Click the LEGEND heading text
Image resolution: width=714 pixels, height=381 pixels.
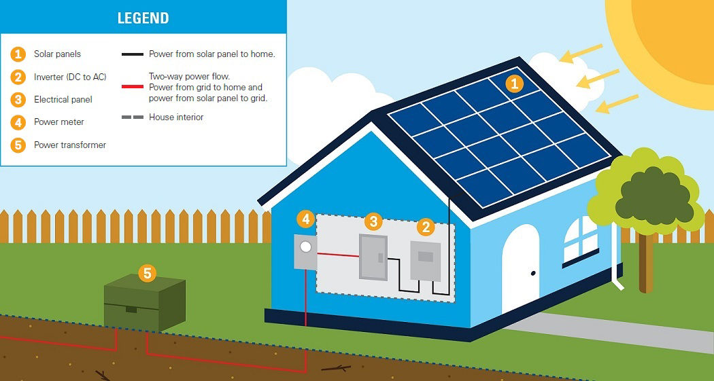143,18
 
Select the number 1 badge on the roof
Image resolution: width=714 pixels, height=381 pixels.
515,84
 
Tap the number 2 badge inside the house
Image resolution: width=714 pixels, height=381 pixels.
426,226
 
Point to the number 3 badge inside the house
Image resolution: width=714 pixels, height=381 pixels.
373,221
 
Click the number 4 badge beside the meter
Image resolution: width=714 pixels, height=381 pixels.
305,219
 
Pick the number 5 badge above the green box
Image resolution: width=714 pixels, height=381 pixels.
147,273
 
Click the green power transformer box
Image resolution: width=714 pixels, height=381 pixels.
145,302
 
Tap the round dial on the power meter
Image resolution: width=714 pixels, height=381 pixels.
306,247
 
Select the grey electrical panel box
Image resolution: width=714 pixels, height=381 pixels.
373,257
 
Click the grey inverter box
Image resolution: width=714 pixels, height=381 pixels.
426,261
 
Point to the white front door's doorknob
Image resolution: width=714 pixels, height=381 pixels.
533,274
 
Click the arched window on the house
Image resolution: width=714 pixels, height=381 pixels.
580,239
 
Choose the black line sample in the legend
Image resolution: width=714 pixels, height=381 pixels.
133,54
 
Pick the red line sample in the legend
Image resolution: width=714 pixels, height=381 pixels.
133,87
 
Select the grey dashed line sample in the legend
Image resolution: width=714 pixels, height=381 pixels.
133,117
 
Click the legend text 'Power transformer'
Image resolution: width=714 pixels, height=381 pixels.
70,145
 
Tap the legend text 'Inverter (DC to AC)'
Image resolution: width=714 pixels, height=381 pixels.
70,77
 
